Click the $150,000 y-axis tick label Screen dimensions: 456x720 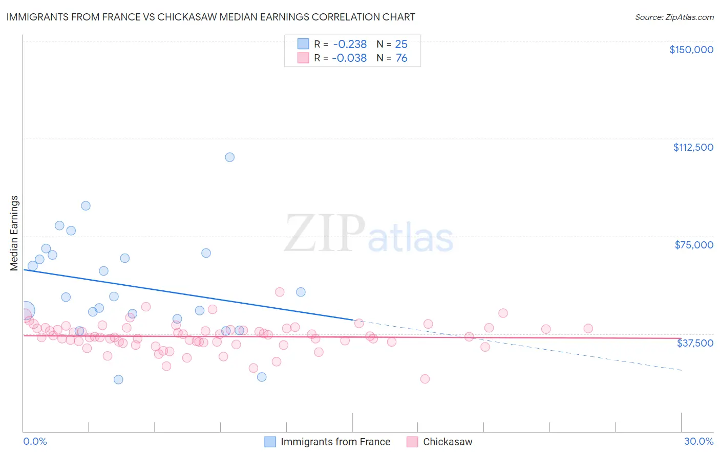[691, 50]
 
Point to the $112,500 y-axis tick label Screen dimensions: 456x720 [693, 147]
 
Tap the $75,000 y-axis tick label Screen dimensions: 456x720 [694, 245]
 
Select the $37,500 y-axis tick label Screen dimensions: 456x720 [695, 343]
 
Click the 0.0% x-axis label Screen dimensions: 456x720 [35, 441]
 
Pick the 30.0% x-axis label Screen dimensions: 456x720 [698, 441]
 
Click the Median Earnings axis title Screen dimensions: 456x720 [14, 233]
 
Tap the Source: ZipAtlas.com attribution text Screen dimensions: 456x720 [674, 17]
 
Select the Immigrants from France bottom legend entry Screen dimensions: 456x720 [328, 442]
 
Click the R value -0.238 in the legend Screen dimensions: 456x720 [350, 44]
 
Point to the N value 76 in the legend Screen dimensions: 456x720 [401, 58]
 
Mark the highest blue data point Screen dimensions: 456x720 [230, 157]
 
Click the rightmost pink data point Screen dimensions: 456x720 [588, 329]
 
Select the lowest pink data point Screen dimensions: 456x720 [425, 379]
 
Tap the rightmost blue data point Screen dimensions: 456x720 [301, 292]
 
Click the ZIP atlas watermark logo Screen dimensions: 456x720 [369, 234]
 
